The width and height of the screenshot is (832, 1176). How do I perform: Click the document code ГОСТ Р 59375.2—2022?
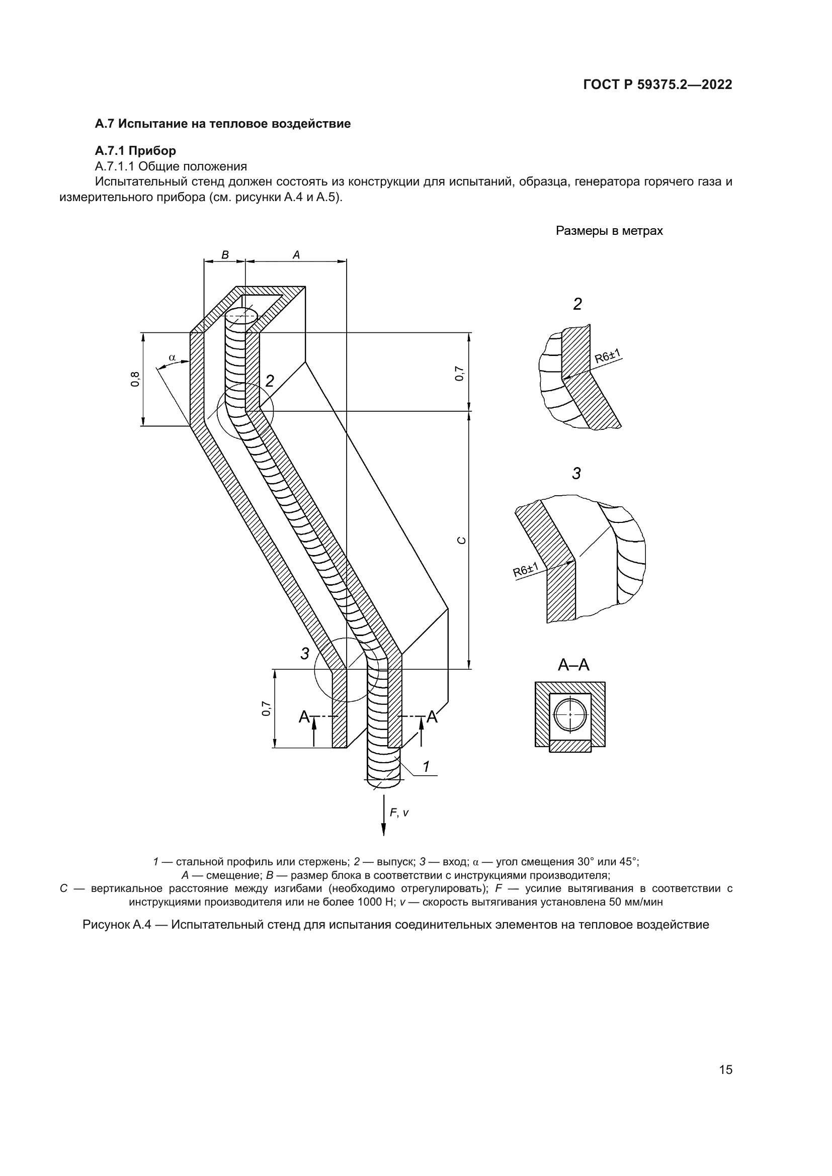[657, 84]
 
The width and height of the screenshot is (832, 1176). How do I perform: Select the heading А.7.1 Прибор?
[135, 151]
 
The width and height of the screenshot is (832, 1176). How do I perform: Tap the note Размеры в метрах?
[609, 231]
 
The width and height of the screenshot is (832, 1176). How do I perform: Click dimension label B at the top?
[224, 254]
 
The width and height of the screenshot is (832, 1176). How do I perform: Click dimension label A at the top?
[296, 254]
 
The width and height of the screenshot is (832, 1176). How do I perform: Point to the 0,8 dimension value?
[135, 379]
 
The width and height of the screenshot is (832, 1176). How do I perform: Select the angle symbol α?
[172, 357]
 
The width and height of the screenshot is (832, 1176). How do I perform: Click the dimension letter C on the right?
[461, 540]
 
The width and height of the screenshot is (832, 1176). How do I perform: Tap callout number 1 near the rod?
[426, 766]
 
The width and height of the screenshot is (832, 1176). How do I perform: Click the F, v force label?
[399, 812]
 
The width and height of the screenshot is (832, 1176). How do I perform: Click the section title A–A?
[573, 665]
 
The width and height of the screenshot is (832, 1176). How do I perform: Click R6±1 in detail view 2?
[608, 355]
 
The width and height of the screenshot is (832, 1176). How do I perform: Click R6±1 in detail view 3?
[526, 570]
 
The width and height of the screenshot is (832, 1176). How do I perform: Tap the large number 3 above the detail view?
[576, 474]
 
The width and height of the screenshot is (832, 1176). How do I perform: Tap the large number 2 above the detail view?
[577, 304]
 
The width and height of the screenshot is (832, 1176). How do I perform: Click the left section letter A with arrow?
[304, 717]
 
